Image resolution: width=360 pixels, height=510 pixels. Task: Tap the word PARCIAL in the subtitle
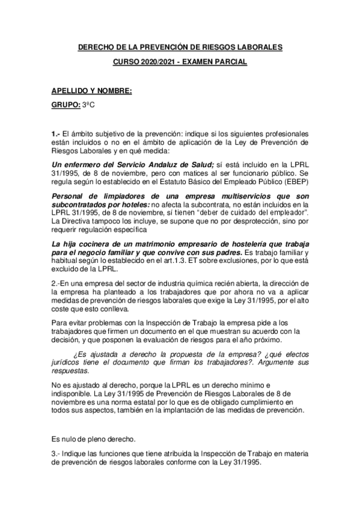pos(231,62)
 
